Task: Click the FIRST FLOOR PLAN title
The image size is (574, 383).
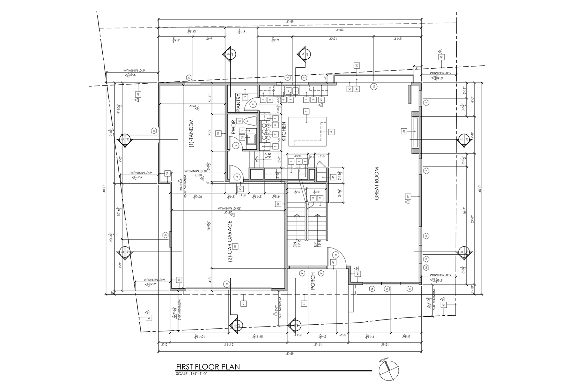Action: point(208,367)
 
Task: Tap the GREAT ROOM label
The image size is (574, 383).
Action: point(377,184)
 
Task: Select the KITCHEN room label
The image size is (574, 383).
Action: point(284,132)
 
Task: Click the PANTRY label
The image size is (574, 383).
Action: point(238,102)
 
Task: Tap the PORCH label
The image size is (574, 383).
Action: point(313,281)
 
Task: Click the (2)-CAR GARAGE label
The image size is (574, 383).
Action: point(230,242)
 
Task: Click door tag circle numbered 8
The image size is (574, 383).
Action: point(335,255)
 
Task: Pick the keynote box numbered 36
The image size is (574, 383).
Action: point(404,131)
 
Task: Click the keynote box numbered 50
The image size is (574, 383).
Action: point(357,66)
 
